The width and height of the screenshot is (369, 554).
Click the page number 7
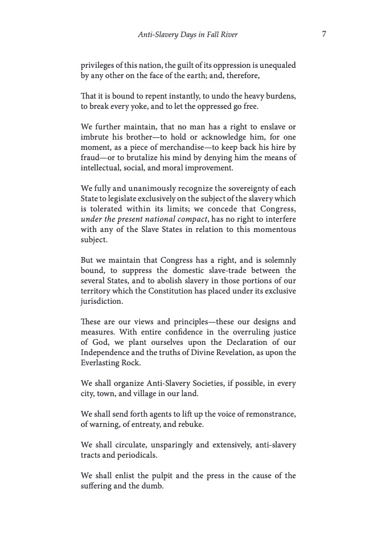pos(323,34)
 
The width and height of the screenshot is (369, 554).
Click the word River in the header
pos(227,35)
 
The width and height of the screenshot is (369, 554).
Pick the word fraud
pos(91,158)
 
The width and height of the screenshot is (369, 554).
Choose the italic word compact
pos(190,219)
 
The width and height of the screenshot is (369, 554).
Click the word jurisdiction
pos(102,301)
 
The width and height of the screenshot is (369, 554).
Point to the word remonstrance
pos(268,414)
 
